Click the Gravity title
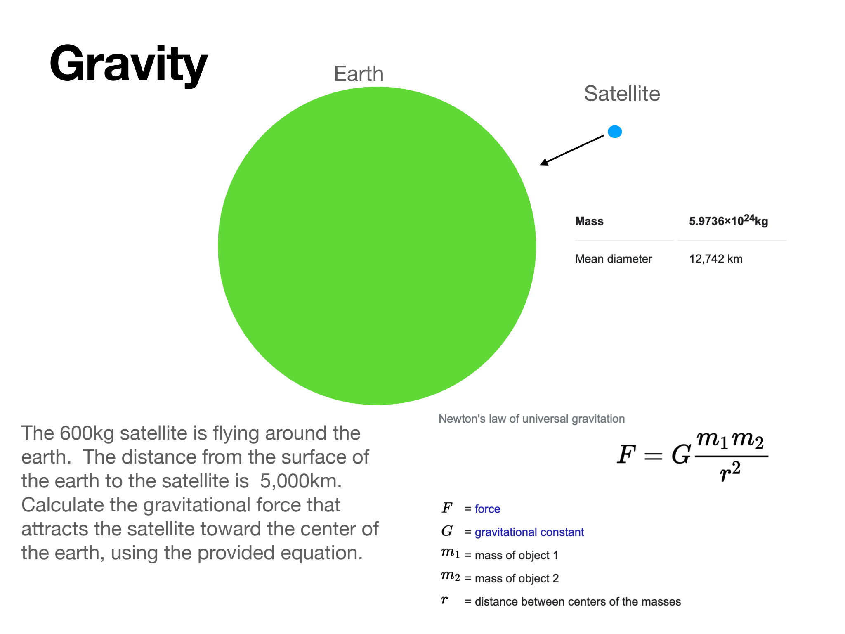[128, 65]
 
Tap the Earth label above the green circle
[359, 74]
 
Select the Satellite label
[622, 94]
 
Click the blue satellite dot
[615, 132]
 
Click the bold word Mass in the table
[589, 221]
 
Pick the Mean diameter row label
[614, 259]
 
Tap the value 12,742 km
[716, 259]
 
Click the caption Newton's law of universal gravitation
[531, 419]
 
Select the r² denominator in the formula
[730, 471]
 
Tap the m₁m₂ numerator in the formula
[730, 440]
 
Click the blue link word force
[487, 509]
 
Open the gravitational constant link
[529, 532]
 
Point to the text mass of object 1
[517, 555]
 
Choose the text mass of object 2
[517, 578]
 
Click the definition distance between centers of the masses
[578, 601]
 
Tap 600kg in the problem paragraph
[87, 433]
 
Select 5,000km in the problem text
[301, 481]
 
